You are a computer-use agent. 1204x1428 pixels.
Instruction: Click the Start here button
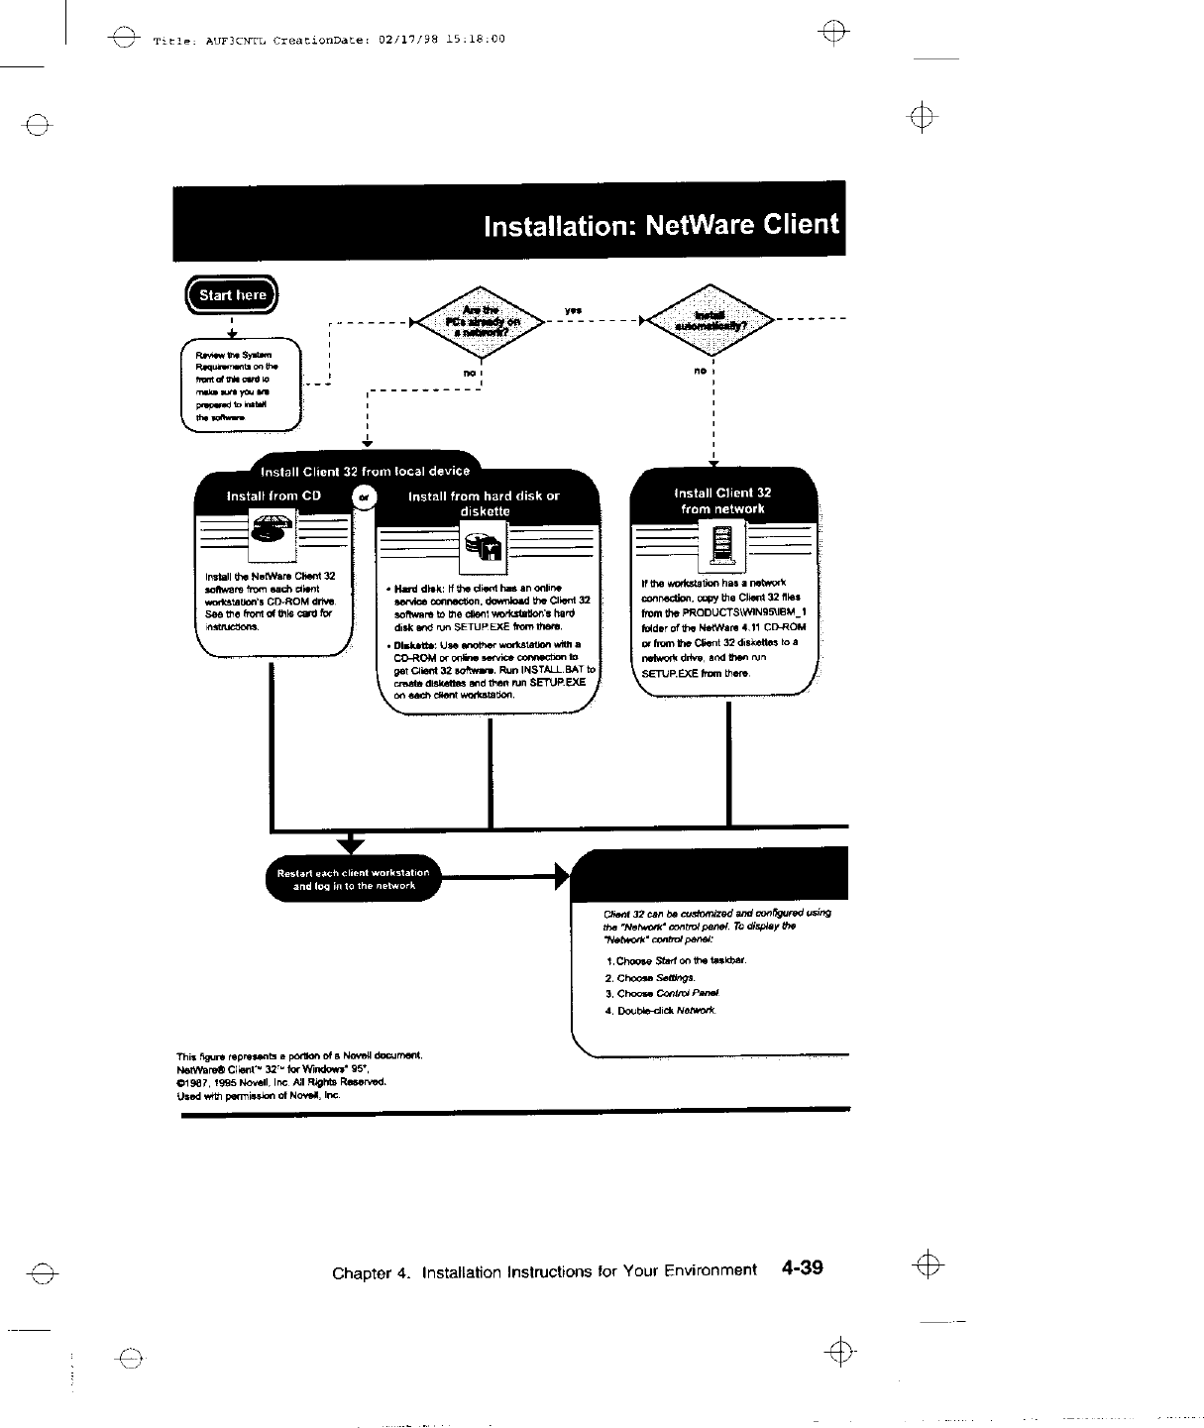pos(233,294)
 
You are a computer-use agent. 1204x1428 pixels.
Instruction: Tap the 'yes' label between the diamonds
pos(573,311)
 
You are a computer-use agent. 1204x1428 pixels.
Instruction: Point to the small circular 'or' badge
pos(364,497)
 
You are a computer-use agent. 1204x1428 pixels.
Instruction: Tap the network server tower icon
pos(722,545)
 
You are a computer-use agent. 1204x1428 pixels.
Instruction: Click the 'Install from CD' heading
pos(274,495)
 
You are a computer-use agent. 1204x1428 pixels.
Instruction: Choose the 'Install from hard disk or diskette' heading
pos(484,502)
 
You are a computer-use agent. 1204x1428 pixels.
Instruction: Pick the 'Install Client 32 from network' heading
pos(722,500)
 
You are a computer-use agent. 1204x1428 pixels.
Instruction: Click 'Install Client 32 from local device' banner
pos(363,471)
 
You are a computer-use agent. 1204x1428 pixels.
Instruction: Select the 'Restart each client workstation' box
pos(354,879)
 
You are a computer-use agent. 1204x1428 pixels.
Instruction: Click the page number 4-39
pos(802,1267)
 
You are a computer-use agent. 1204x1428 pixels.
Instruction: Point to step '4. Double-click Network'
pos(660,1011)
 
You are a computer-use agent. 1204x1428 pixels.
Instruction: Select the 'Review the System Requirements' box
pos(240,384)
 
